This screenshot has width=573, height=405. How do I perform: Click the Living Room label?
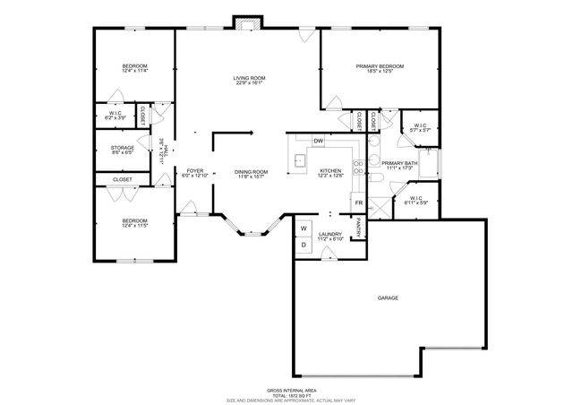[247, 79]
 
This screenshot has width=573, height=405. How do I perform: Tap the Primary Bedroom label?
[380, 66]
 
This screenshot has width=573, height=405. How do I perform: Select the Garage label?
[388, 297]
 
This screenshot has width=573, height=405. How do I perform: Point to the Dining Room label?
[251, 171]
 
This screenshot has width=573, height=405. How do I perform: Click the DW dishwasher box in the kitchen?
[318, 142]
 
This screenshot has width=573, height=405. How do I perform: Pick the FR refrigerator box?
[358, 203]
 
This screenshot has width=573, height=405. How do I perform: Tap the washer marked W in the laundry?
[304, 228]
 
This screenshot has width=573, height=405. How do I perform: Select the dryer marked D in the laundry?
[304, 244]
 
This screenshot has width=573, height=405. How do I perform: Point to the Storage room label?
[122, 147]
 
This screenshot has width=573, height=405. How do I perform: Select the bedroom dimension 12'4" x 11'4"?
[134, 69]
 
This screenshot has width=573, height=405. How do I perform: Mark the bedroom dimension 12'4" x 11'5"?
[134, 226]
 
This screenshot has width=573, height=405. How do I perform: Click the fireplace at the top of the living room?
[246, 22]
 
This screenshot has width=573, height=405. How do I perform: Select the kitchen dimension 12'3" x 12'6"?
[330, 176]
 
